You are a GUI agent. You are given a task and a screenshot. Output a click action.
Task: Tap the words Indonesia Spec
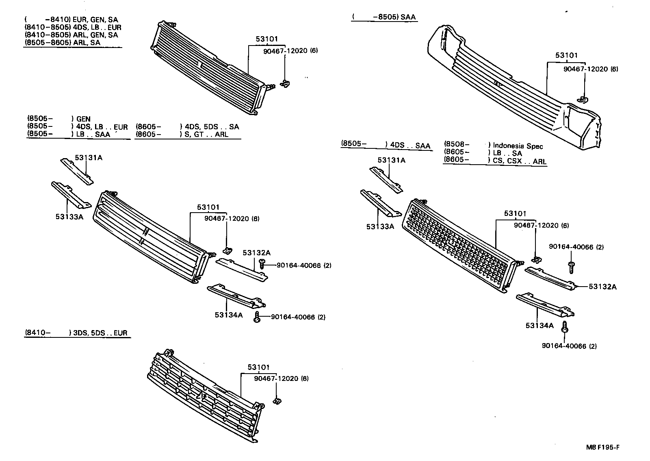tap(518, 146)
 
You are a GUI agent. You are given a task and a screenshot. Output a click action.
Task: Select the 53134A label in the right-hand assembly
tap(539, 325)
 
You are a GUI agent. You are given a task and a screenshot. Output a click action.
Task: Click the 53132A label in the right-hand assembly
tap(602, 287)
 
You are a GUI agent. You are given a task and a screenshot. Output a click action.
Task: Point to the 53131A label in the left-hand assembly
tap(88, 157)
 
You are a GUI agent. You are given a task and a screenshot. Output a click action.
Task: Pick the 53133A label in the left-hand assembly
tap(69, 217)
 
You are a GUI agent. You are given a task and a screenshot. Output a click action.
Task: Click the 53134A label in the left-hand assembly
tap(228, 315)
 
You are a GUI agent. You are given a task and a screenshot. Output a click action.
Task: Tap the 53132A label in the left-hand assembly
tap(256, 252)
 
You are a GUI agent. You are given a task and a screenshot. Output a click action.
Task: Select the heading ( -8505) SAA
tap(384, 17)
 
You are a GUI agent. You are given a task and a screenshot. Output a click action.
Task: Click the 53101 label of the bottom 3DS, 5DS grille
tap(259, 367)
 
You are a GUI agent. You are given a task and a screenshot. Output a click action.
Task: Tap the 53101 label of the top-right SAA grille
tap(566, 55)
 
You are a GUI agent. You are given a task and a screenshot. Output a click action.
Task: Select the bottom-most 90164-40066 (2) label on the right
tap(569, 346)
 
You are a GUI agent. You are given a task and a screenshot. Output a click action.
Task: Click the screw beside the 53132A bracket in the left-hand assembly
tap(262, 265)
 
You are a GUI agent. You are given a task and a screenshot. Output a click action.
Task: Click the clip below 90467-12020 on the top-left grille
tap(286, 84)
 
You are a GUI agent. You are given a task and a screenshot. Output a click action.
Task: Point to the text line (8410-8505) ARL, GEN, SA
tap(71, 35)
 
